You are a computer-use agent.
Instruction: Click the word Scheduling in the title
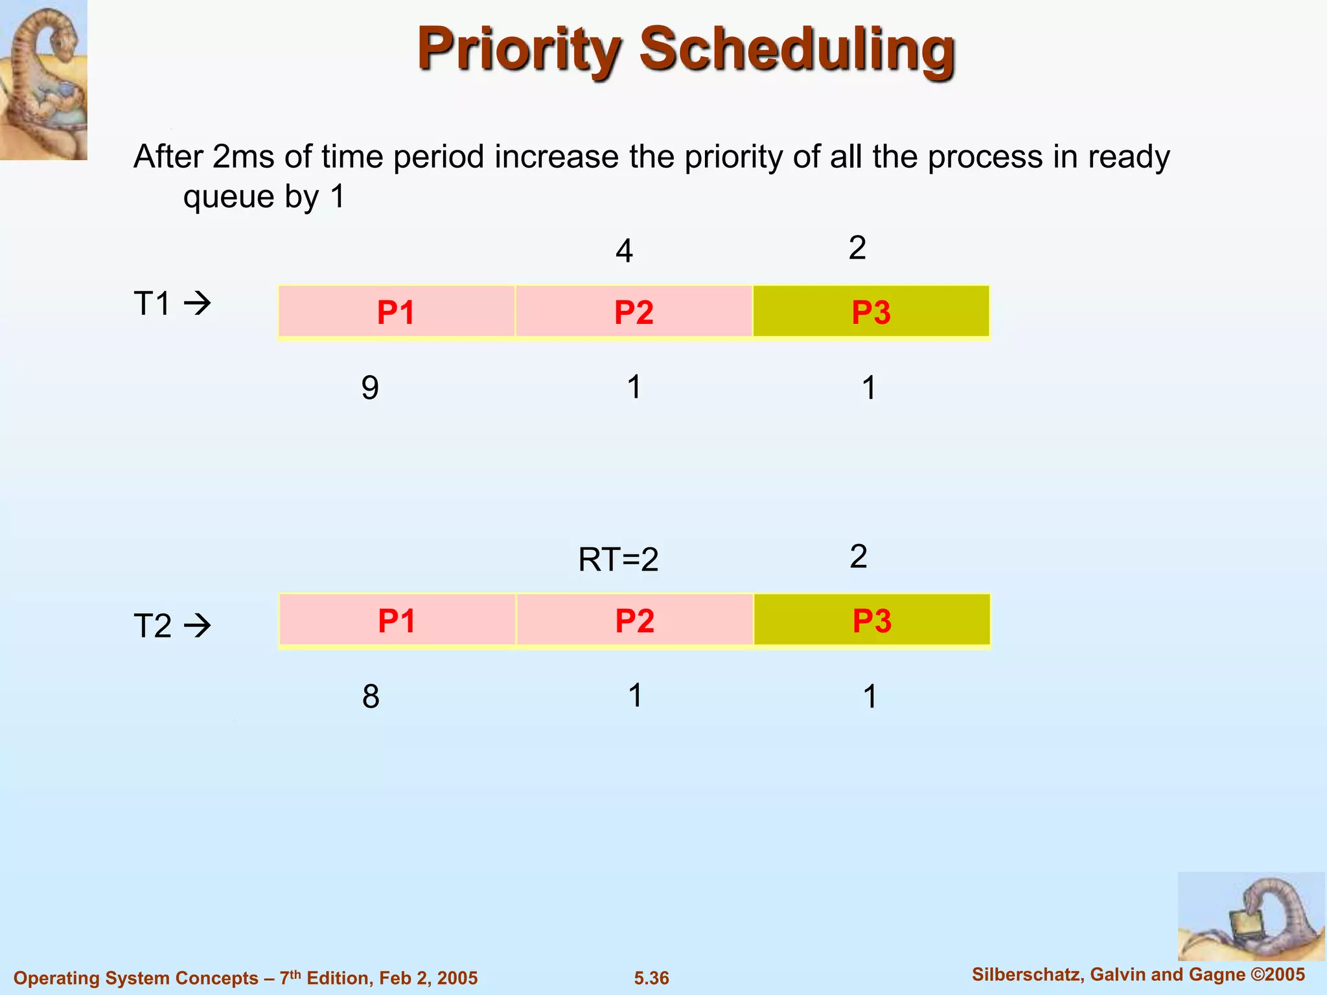[797, 51]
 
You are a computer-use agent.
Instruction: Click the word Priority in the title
[518, 51]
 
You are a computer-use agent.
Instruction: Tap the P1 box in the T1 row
[396, 312]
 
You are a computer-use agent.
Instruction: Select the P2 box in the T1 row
[634, 312]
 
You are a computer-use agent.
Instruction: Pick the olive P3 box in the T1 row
[871, 312]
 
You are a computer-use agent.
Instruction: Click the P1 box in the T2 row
[397, 620]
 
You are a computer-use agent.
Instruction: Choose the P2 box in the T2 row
[634, 620]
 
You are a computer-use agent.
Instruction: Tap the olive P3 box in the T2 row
[871, 620]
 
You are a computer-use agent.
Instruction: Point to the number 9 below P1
[369, 388]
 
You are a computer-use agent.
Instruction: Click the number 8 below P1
[371, 696]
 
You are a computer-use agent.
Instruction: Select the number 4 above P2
[623, 251]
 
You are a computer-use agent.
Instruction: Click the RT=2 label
[618, 559]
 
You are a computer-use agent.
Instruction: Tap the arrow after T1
[198, 303]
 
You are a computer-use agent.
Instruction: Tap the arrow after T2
[198, 626]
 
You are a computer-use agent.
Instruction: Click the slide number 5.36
[651, 978]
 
